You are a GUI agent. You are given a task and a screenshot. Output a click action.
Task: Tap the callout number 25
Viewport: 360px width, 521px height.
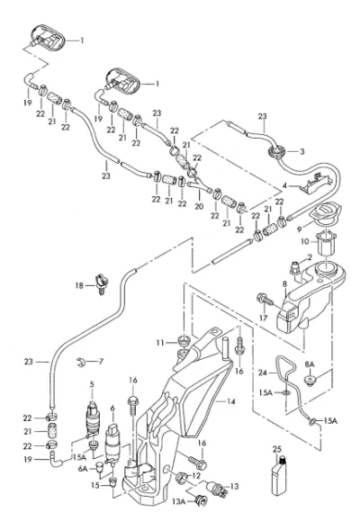point(277,449)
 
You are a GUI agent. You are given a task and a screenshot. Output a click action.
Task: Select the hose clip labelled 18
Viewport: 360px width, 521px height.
point(102,283)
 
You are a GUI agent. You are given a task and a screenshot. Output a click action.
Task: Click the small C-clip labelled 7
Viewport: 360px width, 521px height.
point(80,363)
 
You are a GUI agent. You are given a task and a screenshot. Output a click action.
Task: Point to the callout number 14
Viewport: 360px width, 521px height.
point(230,401)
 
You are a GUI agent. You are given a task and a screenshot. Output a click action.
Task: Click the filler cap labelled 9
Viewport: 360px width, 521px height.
point(327,213)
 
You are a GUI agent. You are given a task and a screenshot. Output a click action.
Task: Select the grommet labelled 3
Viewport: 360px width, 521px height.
point(275,152)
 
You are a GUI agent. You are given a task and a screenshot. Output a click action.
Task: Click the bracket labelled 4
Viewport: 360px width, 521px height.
point(315,184)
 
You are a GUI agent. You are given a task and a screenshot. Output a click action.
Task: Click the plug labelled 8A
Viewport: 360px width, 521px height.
point(310,382)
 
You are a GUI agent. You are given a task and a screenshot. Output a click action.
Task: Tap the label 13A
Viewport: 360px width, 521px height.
point(178,501)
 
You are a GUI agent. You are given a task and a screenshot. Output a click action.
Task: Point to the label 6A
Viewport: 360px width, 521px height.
point(83,469)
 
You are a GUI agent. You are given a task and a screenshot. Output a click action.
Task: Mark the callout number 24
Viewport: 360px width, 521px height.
point(263,373)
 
